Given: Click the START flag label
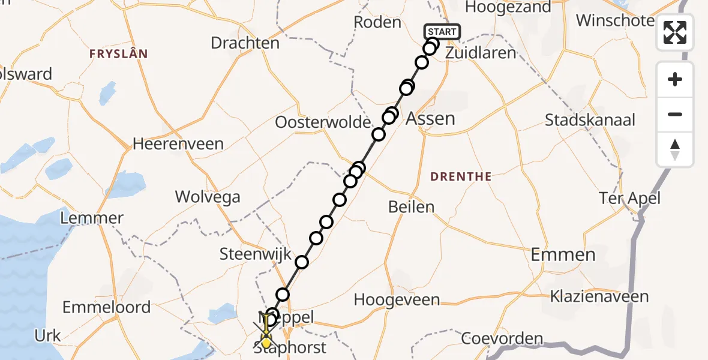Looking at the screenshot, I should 442,31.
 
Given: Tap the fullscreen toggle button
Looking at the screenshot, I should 675,32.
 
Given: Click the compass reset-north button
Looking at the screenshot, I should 675,149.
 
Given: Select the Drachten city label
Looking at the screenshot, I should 245,43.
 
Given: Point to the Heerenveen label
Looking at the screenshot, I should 178,144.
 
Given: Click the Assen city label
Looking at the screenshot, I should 430,118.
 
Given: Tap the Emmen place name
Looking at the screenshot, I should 563,254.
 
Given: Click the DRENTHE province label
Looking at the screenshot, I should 461,176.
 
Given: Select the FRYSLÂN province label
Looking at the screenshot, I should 119,54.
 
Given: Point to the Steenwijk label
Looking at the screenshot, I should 247,254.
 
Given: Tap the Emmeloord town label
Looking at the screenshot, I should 107,307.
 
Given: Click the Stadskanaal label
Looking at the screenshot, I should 590,119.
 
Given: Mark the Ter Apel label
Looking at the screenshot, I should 630,198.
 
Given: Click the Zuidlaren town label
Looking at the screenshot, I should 481,53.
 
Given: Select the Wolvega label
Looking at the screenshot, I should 208,197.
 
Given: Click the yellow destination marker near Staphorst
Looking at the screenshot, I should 266,343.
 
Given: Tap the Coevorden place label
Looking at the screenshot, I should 502,338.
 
